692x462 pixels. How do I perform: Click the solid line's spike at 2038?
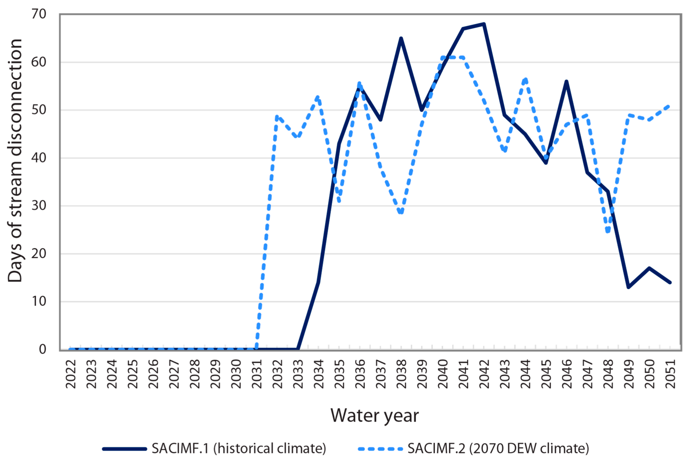[401, 38]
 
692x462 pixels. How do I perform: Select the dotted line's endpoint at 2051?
[670, 105]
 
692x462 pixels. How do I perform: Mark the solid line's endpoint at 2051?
[670, 282]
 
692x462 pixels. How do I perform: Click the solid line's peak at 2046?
[566, 81]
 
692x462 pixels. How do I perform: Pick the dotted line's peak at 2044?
[525, 79]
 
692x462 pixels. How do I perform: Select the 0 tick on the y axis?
[42, 349]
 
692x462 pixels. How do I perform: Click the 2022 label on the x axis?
[71, 374]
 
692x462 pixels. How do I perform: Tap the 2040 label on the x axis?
[443, 374]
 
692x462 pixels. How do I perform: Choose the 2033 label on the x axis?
[298, 374]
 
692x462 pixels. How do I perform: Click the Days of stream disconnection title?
[15, 161]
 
